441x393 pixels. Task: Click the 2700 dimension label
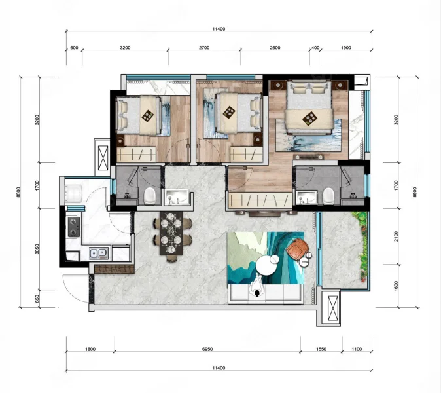[204, 48]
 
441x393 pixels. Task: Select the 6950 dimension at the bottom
[207, 349]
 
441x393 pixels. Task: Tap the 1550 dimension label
[321, 349]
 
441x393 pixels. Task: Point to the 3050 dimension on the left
[37, 249]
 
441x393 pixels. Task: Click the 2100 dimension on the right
[397, 236]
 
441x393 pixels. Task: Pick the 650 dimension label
[37, 299]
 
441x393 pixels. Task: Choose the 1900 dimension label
[346, 48]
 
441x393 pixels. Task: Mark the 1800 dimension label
[90, 349]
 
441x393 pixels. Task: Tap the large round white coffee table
[266, 265]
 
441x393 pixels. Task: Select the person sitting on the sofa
[257, 286]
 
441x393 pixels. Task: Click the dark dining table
[171, 233]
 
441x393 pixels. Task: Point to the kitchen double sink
[99, 253]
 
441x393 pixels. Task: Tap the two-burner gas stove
[74, 227]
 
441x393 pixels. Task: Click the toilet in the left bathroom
[149, 196]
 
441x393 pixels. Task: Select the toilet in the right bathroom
[328, 196]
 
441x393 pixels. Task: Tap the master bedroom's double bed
[309, 107]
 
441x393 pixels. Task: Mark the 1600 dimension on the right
[397, 286]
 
